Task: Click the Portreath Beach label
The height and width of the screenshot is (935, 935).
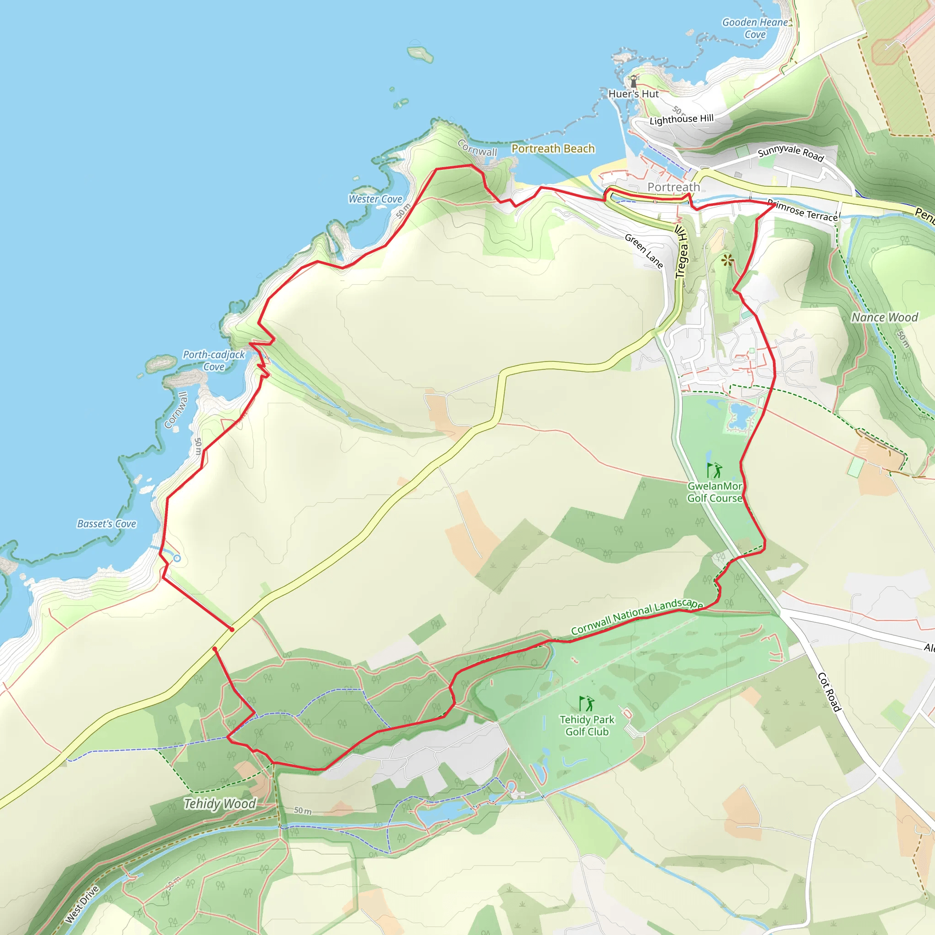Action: pos(553,148)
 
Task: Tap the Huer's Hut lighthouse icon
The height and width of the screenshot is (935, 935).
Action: pos(633,80)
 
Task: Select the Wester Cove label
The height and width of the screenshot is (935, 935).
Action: pos(375,199)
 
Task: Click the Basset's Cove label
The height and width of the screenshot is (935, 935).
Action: pos(106,524)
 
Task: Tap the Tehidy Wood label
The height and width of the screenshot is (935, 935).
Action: pos(220,804)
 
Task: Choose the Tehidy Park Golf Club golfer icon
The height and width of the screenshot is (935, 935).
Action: pos(587,703)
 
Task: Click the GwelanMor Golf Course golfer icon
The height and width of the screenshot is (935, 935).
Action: pos(714,470)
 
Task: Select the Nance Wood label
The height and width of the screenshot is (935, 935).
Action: pos(885,317)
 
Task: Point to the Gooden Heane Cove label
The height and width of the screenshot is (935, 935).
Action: pos(755,28)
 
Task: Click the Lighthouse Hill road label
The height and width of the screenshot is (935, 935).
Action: pos(682,119)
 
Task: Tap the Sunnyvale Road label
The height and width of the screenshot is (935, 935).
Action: pos(790,152)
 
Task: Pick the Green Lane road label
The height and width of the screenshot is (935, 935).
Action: pos(644,251)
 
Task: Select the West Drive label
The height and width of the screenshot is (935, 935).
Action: pos(82,904)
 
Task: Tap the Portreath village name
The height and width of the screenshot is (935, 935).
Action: pos(674,187)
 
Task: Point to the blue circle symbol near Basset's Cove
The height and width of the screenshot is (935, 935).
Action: pos(177,558)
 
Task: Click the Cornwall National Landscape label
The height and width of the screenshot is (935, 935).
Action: pos(636,616)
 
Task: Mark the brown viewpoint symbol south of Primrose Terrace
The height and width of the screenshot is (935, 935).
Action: pos(727,260)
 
